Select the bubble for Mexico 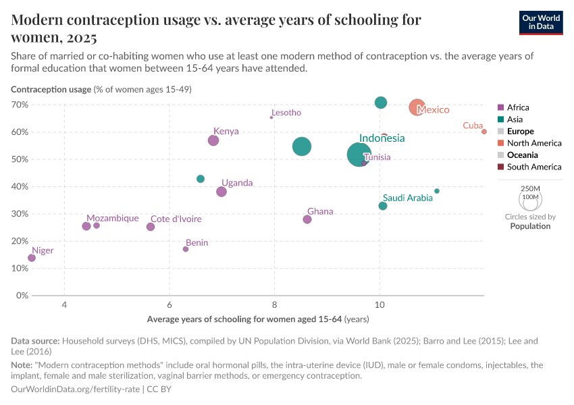tap(417, 107)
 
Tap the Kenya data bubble tap(213, 140)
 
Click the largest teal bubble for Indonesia tap(359, 155)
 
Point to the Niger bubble tap(32, 258)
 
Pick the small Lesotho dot tap(271, 117)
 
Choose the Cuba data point tap(484, 132)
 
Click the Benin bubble tap(186, 249)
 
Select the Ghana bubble tap(307, 219)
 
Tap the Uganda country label tap(237, 183)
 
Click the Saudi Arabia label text tap(407, 198)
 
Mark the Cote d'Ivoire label tap(176, 219)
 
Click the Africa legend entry tap(518, 107)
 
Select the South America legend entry tap(533, 167)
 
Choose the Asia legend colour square tap(500, 119)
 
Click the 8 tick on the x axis tap(274, 305)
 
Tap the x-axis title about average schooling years tap(257, 319)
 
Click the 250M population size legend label tap(531, 188)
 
